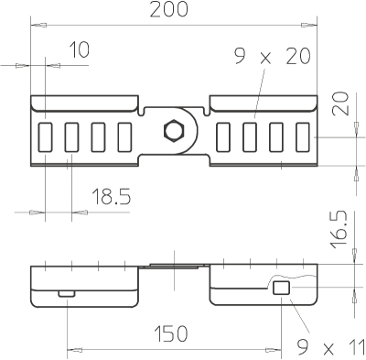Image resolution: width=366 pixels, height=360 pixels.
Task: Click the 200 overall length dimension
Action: click(168, 9)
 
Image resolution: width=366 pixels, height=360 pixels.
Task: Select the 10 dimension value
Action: click(79, 49)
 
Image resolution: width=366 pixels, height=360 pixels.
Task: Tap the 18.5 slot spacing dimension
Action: click(112, 196)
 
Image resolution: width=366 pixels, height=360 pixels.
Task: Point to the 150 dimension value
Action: click(170, 333)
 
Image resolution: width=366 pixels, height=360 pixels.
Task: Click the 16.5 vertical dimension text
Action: click(339, 229)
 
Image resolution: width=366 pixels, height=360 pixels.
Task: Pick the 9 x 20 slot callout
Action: click(273, 56)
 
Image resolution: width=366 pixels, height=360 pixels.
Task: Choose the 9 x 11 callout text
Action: click(331, 347)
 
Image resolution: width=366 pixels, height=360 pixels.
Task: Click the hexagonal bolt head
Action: click(174, 130)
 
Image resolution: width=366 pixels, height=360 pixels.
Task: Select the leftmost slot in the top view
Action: click(45, 137)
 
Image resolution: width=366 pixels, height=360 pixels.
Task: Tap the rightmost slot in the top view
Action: click(303, 137)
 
